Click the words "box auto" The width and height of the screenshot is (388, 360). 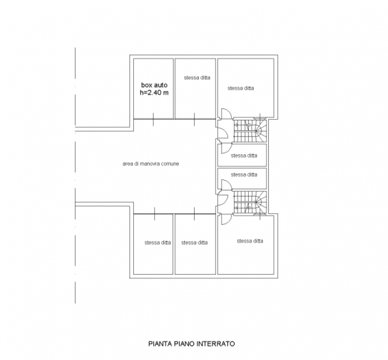[154, 85]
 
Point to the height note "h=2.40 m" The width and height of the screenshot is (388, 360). [154, 93]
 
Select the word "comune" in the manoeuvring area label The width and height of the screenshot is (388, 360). [169, 163]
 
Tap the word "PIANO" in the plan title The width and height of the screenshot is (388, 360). [184, 343]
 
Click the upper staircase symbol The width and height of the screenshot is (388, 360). [250, 131]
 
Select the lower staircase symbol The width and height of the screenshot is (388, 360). [250, 202]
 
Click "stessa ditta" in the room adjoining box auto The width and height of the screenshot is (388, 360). [197, 77]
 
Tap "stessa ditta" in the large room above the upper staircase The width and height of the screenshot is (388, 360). [241, 88]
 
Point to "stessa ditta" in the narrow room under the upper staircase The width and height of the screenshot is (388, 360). [244, 155]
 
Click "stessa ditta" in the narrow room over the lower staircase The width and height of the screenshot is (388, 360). [244, 174]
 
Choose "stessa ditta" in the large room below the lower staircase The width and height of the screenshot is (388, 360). [250, 241]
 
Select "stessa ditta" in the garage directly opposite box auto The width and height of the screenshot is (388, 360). [158, 243]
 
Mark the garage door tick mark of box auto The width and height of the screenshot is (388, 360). [153, 119]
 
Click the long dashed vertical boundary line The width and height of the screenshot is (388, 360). [75, 175]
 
